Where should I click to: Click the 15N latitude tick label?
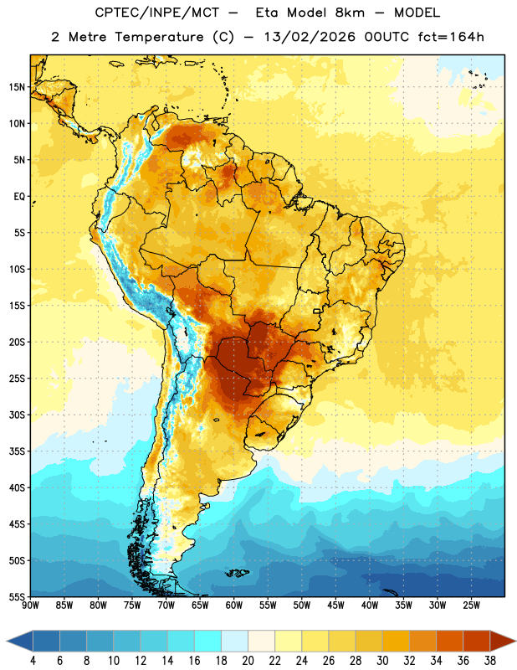[x=17, y=87]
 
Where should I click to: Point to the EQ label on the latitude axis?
[x=19, y=197]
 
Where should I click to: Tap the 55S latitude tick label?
[x=17, y=597]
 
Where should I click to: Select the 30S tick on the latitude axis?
[x=17, y=415]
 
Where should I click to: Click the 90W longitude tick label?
[x=30, y=606]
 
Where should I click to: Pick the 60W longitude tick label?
[x=234, y=606]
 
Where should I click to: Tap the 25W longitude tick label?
[x=471, y=606]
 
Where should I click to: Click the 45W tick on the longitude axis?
[x=335, y=606]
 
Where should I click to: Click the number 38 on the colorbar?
[x=490, y=661]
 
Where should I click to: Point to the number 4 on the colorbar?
[x=33, y=661]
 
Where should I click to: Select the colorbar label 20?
[x=248, y=661]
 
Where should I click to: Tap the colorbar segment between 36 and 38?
[x=477, y=642]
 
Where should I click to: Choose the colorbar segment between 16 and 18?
[x=207, y=642]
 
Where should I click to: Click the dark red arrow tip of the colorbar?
[x=514, y=642]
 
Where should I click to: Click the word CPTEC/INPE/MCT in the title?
[x=157, y=13]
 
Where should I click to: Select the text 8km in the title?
[x=350, y=13]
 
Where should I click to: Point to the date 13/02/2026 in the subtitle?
[x=310, y=37]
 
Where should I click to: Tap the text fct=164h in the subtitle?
[x=451, y=37]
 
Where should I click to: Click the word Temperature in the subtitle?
[x=159, y=38]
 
